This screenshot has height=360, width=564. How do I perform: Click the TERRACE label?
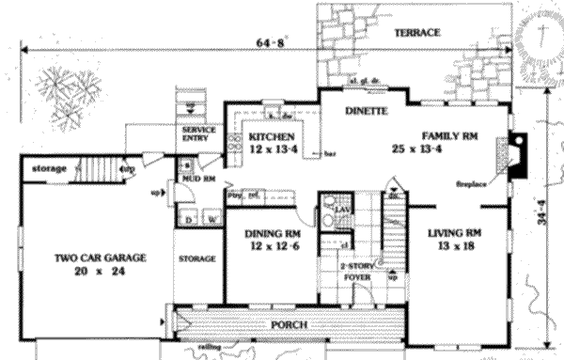coord(416,33)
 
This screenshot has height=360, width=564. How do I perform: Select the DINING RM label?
coord(273,233)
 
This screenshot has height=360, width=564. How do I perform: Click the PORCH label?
coord(290,324)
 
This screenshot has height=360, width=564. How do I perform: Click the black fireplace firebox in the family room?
coord(517,153)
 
